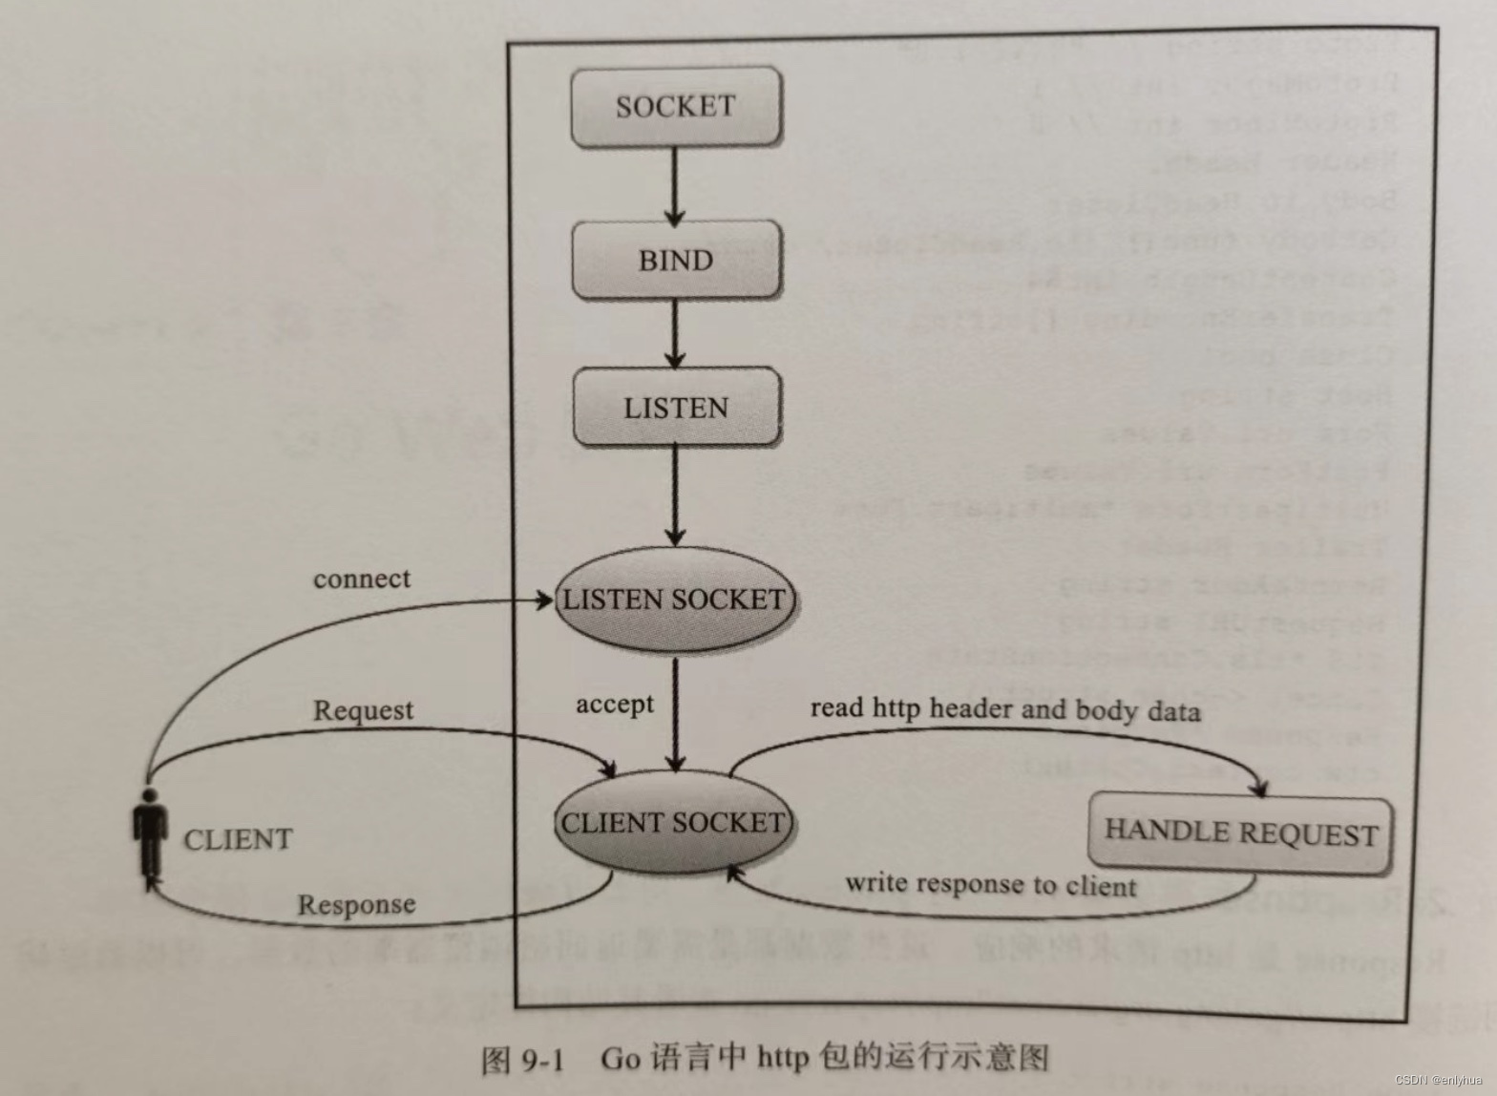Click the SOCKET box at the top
675,106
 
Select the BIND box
675,260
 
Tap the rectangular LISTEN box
675,408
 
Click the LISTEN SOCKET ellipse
674,600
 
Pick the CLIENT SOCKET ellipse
673,823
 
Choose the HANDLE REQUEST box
1240,833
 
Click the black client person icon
149,834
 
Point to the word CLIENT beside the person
238,840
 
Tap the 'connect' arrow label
362,579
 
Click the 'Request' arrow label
363,710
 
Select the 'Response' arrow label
356,904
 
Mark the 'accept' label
615,705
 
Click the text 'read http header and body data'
1005,709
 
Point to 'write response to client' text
991,885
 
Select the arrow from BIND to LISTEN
675,333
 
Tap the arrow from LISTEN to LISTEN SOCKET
675,495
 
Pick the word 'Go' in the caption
620,1059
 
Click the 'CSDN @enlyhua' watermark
1439,1080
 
